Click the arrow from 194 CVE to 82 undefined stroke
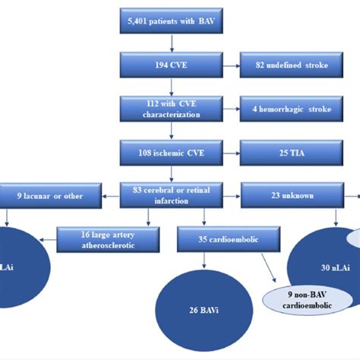[x=229, y=65]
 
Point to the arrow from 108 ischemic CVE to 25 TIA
[x=229, y=152]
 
